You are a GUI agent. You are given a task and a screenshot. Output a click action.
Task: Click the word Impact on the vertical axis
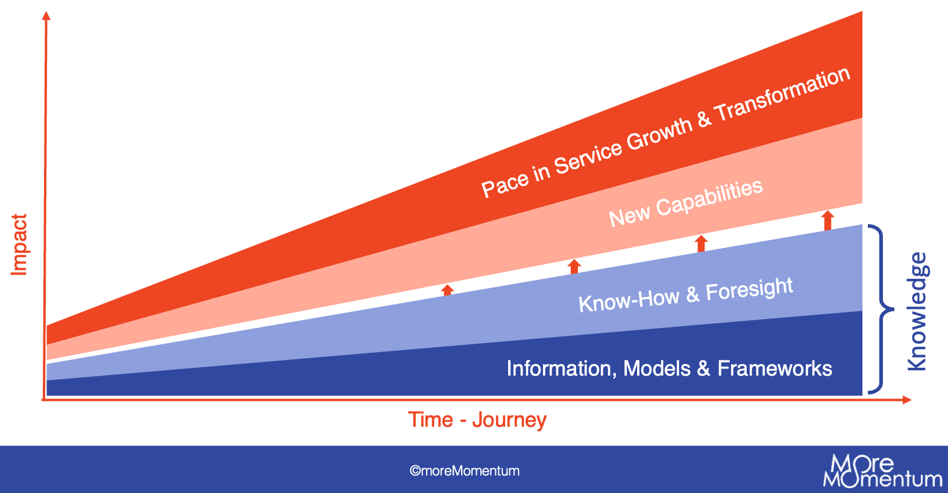click(19, 245)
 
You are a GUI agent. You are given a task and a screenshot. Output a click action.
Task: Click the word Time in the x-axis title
click(430, 420)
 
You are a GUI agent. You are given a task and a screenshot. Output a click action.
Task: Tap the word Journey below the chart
click(509, 420)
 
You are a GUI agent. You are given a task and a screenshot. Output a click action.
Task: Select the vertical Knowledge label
click(917, 311)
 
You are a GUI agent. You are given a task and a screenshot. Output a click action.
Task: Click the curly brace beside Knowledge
click(881, 309)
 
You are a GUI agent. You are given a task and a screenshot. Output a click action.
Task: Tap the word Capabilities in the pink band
click(709, 198)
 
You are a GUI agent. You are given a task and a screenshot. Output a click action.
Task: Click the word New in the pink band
click(629, 216)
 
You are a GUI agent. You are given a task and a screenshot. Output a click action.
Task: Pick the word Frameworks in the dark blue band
click(774, 368)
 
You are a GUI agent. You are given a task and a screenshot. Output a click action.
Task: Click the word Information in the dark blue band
click(561, 368)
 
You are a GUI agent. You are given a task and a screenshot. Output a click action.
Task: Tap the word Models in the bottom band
click(657, 368)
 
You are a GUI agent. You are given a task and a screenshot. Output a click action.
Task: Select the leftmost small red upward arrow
click(447, 290)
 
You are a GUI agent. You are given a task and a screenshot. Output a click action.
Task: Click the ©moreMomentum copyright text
click(464, 471)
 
